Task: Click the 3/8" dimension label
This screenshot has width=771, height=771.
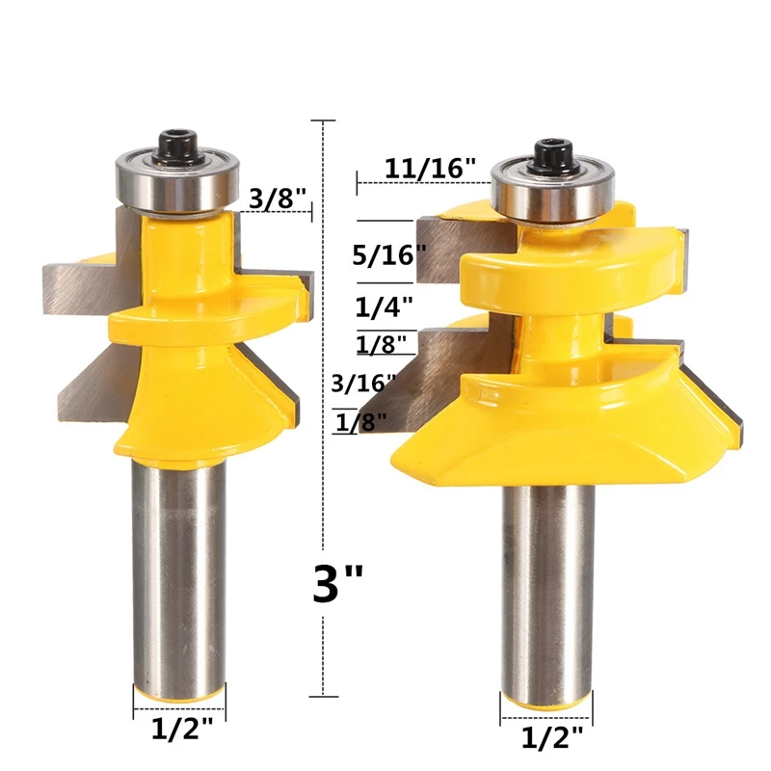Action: coord(278,199)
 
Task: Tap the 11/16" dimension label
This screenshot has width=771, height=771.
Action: coord(430,168)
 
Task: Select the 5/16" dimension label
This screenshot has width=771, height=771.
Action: coord(389,254)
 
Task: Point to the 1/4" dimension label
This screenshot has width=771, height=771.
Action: coord(384,307)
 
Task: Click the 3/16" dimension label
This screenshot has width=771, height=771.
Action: coord(364,383)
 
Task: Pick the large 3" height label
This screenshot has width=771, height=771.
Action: coord(338,584)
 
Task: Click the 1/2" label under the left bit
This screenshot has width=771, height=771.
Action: coord(182,730)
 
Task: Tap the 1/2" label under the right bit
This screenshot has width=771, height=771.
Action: coord(551,738)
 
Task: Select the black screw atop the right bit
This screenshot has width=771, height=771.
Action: coord(552,156)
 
